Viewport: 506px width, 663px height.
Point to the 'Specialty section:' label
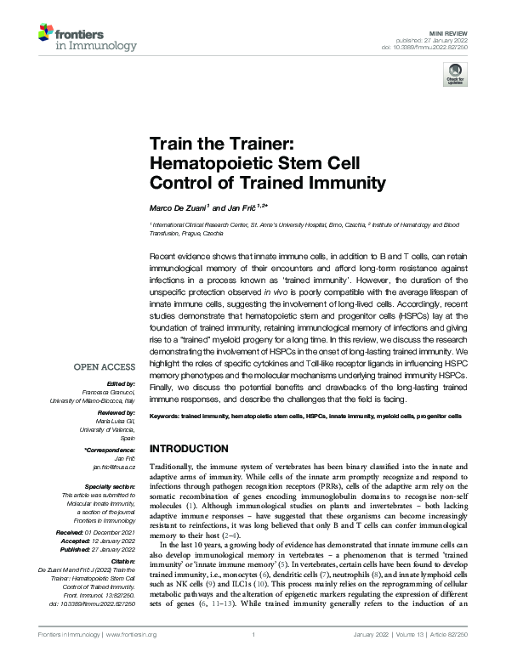point(111,486)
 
